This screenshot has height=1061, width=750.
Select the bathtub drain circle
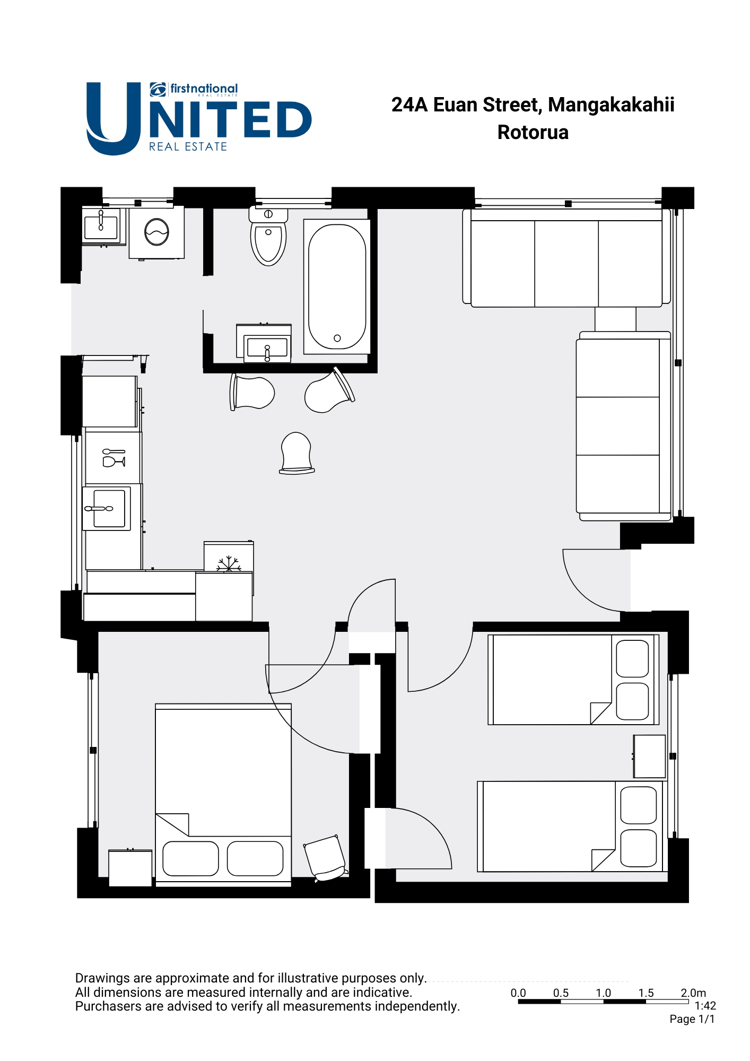coord(337,338)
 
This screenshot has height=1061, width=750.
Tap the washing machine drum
coord(156,232)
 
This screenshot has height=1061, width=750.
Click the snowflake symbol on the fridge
coord(229,564)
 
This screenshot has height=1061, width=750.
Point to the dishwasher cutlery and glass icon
coord(114,458)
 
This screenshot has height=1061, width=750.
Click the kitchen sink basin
coord(109,508)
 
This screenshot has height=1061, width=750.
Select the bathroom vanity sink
coord(267,347)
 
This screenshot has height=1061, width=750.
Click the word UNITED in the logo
coord(199,119)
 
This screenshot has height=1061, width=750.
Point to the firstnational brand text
coord(204,89)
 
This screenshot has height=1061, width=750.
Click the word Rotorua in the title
coord(533,132)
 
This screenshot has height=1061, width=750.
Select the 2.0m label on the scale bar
coord(693,993)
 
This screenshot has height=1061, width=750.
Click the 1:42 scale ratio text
coord(705,1006)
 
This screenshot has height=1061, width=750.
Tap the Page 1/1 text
coord(692,1019)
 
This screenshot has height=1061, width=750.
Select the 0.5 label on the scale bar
coord(561,993)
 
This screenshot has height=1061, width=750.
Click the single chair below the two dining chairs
coord(296,453)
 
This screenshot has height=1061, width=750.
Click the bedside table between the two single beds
coord(649,756)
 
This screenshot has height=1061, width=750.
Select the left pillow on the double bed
coord(190,858)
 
